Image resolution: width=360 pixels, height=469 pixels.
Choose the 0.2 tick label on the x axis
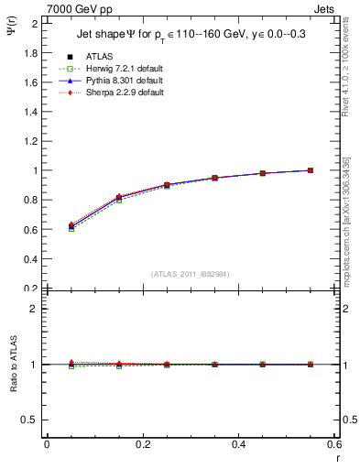coord(142,444)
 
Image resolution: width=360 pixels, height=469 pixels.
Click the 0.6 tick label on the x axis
coord(333,444)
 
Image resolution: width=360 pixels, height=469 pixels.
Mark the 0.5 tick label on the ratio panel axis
coord(30,420)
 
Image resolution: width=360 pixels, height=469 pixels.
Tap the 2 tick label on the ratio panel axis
coord(35,309)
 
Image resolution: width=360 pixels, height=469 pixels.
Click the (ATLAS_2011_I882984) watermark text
coord(190,274)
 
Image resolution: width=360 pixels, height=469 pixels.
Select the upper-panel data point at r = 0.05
coord(71,226)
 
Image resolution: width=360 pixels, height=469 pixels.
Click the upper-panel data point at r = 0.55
coord(311,170)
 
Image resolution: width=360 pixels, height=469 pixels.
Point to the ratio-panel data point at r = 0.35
coord(214,365)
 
